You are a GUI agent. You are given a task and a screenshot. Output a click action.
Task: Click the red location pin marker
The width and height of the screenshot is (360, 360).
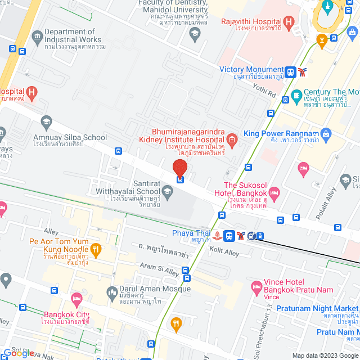point(179,168)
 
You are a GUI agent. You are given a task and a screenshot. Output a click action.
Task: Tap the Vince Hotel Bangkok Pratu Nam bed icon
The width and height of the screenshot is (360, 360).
point(256,286)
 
